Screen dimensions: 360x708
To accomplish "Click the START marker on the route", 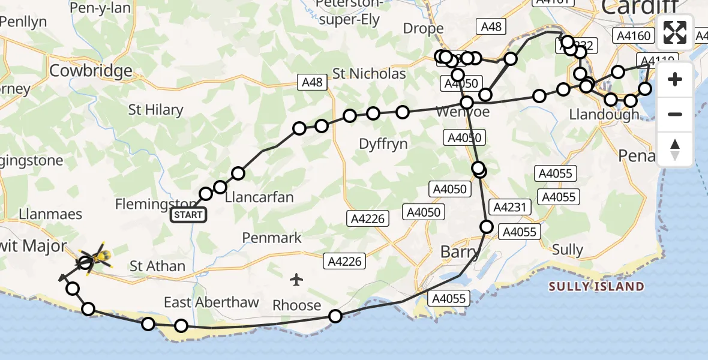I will [x=188, y=215].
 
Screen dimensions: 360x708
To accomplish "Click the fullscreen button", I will [x=675, y=32].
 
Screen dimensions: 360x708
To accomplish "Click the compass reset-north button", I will [x=675, y=149].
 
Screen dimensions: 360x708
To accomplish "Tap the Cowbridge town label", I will [x=91, y=71].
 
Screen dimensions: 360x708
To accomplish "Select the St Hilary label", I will [x=155, y=110].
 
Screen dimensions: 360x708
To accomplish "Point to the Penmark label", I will [x=272, y=238].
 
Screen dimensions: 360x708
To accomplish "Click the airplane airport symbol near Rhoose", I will [x=296, y=279].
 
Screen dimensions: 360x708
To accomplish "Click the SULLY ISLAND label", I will [x=596, y=287].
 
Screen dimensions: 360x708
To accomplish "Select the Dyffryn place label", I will [x=383, y=144].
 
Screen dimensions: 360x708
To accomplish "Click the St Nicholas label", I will [x=369, y=74].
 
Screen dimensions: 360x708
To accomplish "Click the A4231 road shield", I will [x=510, y=207].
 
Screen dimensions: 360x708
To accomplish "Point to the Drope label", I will [x=423, y=28].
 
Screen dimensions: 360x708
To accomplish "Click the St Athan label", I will [x=157, y=266].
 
